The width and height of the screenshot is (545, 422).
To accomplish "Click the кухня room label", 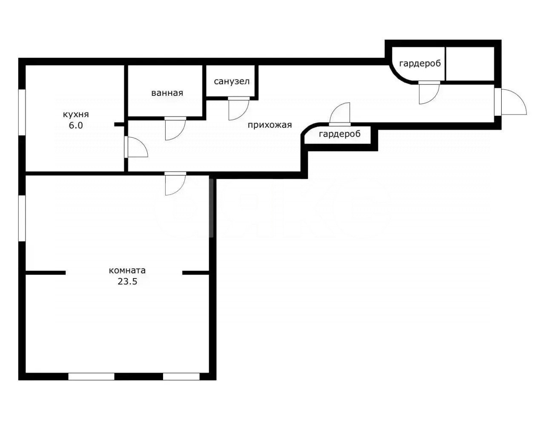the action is click(x=76, y=115).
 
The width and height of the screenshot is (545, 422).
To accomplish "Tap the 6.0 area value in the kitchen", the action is click(x=76, y=125).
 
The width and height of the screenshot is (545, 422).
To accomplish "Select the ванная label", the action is click(x=167, y=93).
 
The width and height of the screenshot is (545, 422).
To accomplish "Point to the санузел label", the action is click(x=232, y=81).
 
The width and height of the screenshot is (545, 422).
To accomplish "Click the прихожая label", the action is click(x=270, y=125).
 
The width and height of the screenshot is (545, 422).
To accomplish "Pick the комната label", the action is click(x=127, y=270).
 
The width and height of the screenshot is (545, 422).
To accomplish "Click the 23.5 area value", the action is click(x=127, y=281).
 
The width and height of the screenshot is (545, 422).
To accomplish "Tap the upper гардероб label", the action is click(x=420, y=64).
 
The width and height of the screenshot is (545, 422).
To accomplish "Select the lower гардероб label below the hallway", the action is click(x=340, y=134).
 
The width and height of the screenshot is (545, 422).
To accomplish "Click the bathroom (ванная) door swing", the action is click(x=175, y=129).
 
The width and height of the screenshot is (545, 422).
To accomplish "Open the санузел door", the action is click(x=239, y=109).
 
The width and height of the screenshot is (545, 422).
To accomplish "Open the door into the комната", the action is click(x=175, y=184).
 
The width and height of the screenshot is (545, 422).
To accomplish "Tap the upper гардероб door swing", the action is click(x=429, y=93).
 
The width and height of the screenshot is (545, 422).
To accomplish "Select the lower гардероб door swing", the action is click(x=340, y=114).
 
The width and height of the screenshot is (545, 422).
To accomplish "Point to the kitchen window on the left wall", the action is click(x=22, y=112).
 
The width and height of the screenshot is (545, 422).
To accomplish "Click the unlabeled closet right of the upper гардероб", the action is click(x=470, y=64).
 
